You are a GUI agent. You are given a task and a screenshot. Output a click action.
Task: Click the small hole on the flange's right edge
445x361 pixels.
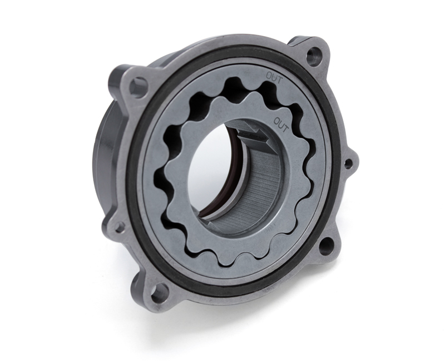(x=348, y=163)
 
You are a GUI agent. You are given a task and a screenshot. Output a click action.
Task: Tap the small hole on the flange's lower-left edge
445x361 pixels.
(x=118, y=226)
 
